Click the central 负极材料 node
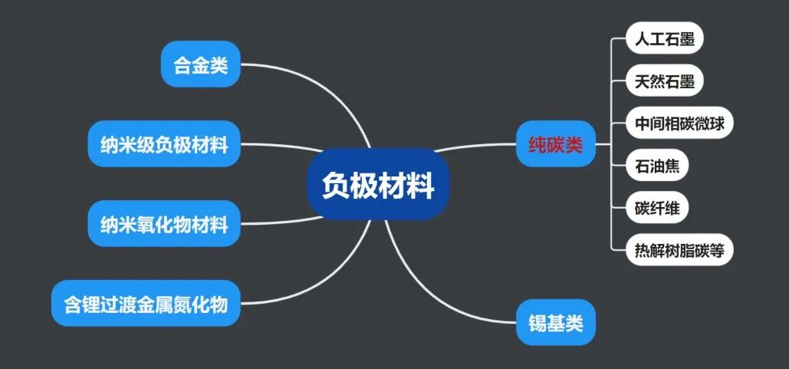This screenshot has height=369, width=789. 377,184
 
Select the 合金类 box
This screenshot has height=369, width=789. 200,64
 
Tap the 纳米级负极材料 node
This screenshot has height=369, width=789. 164,143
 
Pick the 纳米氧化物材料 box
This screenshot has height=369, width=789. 164,223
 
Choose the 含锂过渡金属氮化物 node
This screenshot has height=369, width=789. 146,304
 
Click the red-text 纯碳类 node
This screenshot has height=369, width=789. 556,143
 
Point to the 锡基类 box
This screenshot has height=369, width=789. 556,322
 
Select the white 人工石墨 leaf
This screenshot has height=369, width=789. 664,38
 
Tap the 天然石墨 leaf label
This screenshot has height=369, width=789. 664,81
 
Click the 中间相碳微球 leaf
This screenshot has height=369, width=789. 679,123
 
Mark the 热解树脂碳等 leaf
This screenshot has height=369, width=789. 679,249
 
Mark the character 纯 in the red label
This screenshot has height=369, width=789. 537,144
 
